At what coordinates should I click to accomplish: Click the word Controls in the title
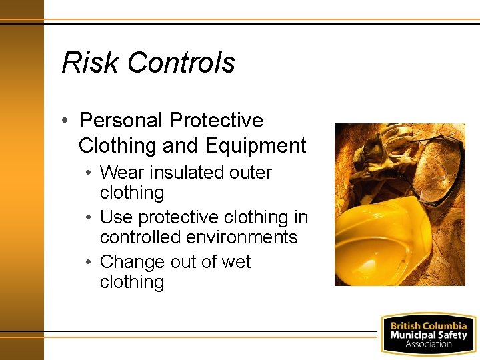tap(181, 63)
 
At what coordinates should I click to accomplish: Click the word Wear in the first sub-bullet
tap(122, 173)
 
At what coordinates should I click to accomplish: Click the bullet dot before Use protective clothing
tap(89, 218)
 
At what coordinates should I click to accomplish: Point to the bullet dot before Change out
tap(89, 262)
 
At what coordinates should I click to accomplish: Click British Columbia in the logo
tap(428, 326)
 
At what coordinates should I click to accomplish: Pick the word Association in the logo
tap(428, 344)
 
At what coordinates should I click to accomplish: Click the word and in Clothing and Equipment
tap(183, 145)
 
